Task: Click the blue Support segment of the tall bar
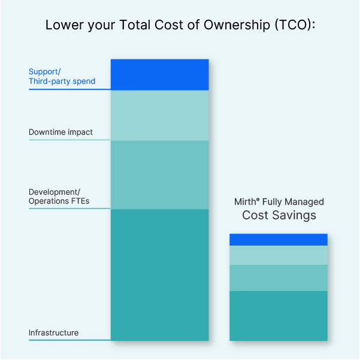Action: click(x=159, y=75)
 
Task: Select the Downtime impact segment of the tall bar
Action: click(x=159, y=116)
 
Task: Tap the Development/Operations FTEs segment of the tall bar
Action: click(x=159, y=175)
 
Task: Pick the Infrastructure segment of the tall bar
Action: click(x=159, y=275)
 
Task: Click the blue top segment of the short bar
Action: click(x=279, y=240)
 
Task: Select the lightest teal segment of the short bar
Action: click(x=279, y=255)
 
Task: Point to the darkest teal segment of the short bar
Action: click(x=279, y=316)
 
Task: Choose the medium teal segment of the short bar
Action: click(x=279, y=278)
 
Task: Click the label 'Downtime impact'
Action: click(x=60, y=132)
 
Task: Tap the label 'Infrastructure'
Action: click(x=53, y=332)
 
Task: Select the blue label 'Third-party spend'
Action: click(x=62, y=81)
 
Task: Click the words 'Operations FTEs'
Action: click(x=59, y=201)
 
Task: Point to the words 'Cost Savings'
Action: click(x=279, y=216)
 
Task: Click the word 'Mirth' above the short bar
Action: click(x=245, y=202)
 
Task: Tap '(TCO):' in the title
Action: click(x=295, y=25)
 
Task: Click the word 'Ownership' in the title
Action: click(x=237, y=25)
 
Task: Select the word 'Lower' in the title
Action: click(x=64, y=25)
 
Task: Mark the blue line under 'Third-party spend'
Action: click(x=70, y=89)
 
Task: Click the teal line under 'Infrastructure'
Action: click(x=70, y=340)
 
